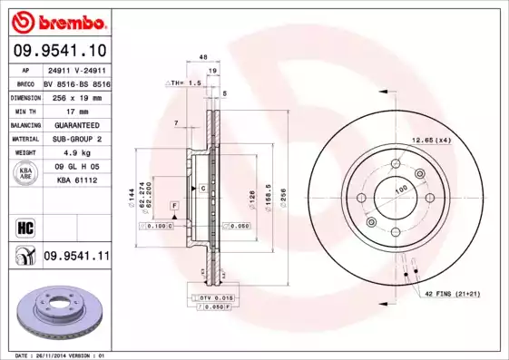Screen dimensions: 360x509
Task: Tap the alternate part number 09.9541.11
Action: coord(75,257)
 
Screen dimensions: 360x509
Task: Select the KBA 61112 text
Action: coord(76,180)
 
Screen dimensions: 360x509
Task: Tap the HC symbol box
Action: coord(24,227)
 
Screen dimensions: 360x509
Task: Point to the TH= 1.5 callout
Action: coord(183,83)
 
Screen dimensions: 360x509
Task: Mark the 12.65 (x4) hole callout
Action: coord(432,141)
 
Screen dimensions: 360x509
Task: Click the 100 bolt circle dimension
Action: coord(400,189)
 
